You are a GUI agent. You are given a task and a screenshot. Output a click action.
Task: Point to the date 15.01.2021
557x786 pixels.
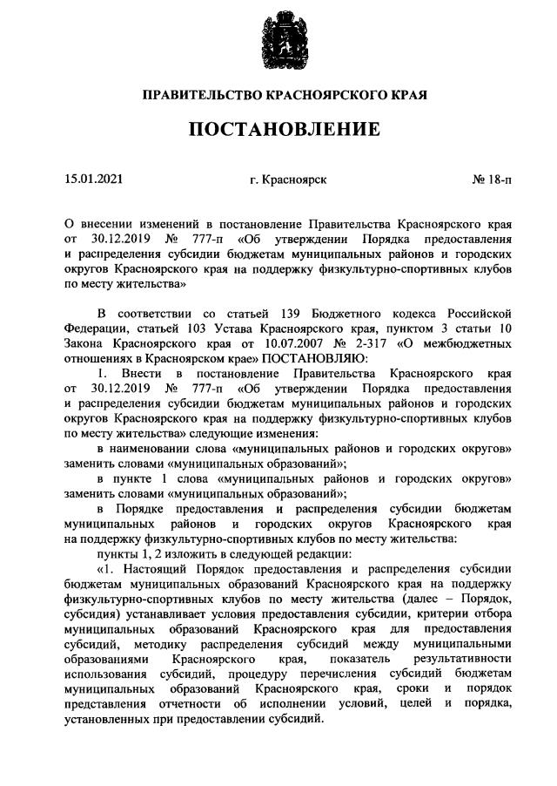93,180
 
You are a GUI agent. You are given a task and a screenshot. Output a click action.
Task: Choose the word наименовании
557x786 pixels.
156,447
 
